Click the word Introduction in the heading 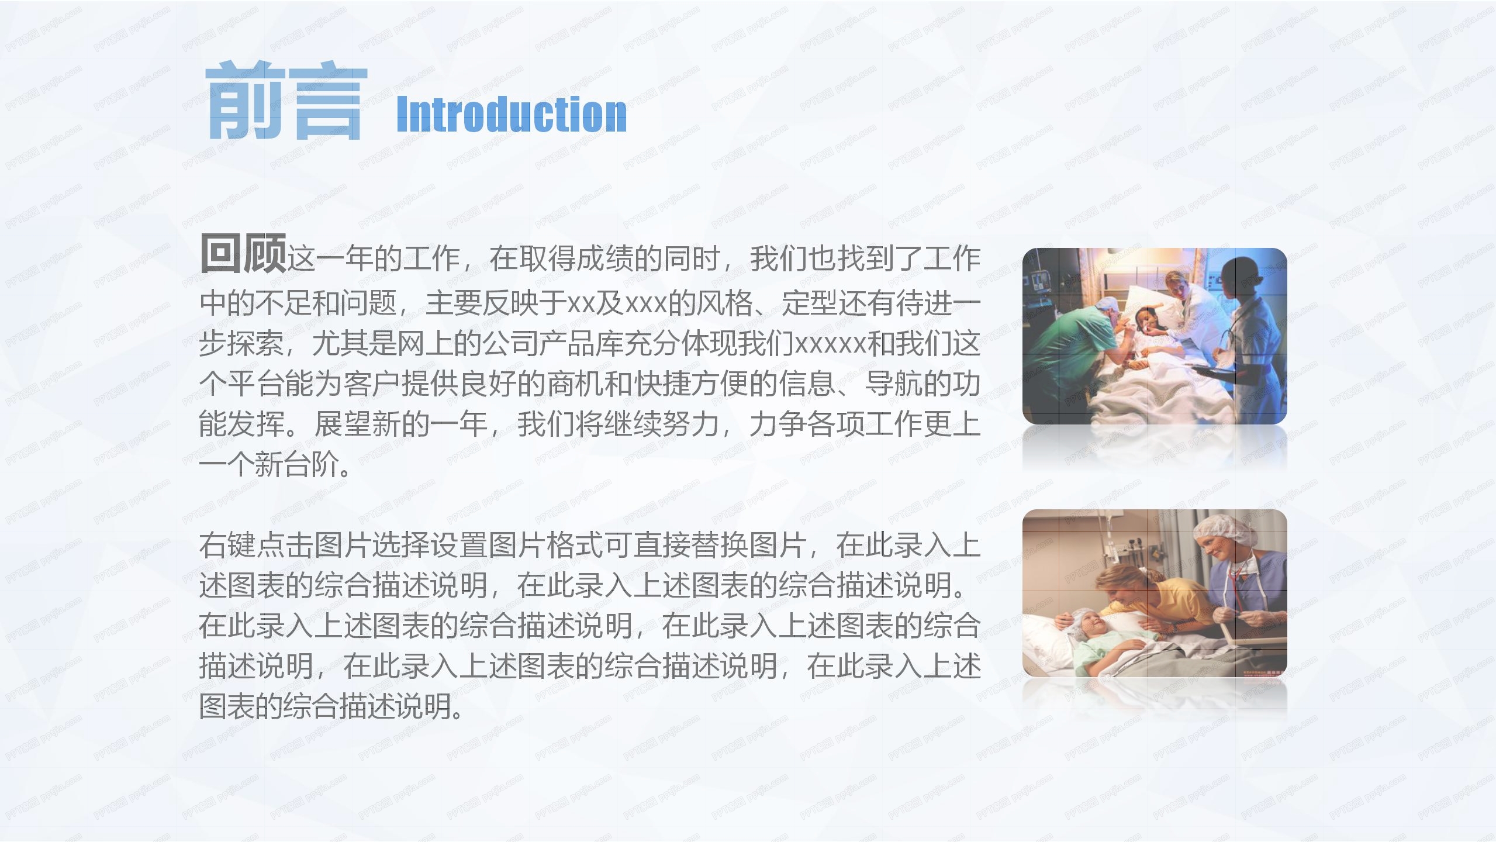click(512, 114)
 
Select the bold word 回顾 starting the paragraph click(243, 254)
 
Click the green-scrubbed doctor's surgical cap click(1104, 305)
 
